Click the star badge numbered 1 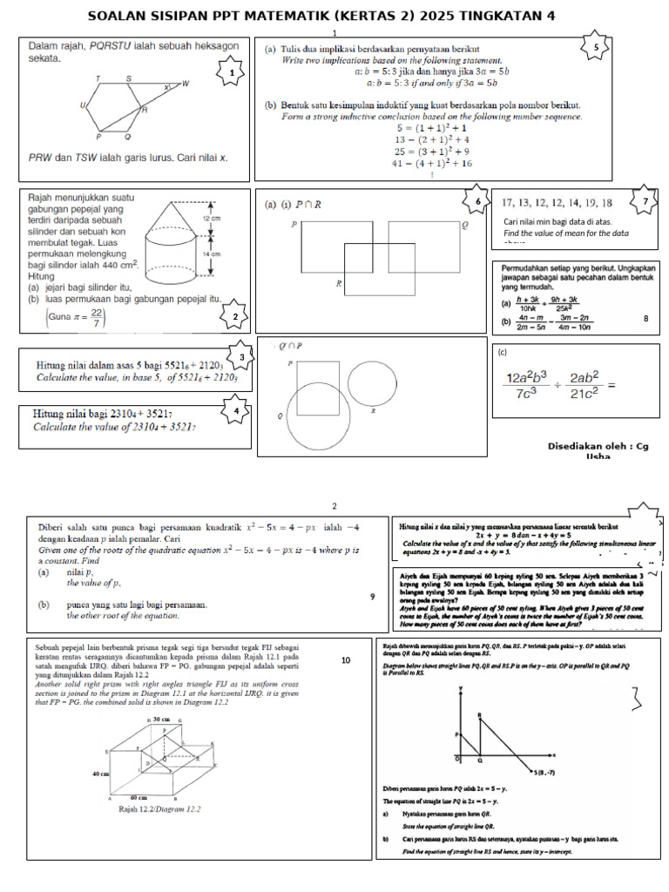(232, 74)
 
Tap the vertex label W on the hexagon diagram (185, 84)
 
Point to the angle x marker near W (166, 88)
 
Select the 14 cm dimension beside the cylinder (211, 253)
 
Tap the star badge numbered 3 (240, 357)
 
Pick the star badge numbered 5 (596, 47)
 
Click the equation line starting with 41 (432, 163)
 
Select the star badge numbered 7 (645, 201)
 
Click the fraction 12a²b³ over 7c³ (527, 385)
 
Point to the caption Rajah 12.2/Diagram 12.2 (160, 809)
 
